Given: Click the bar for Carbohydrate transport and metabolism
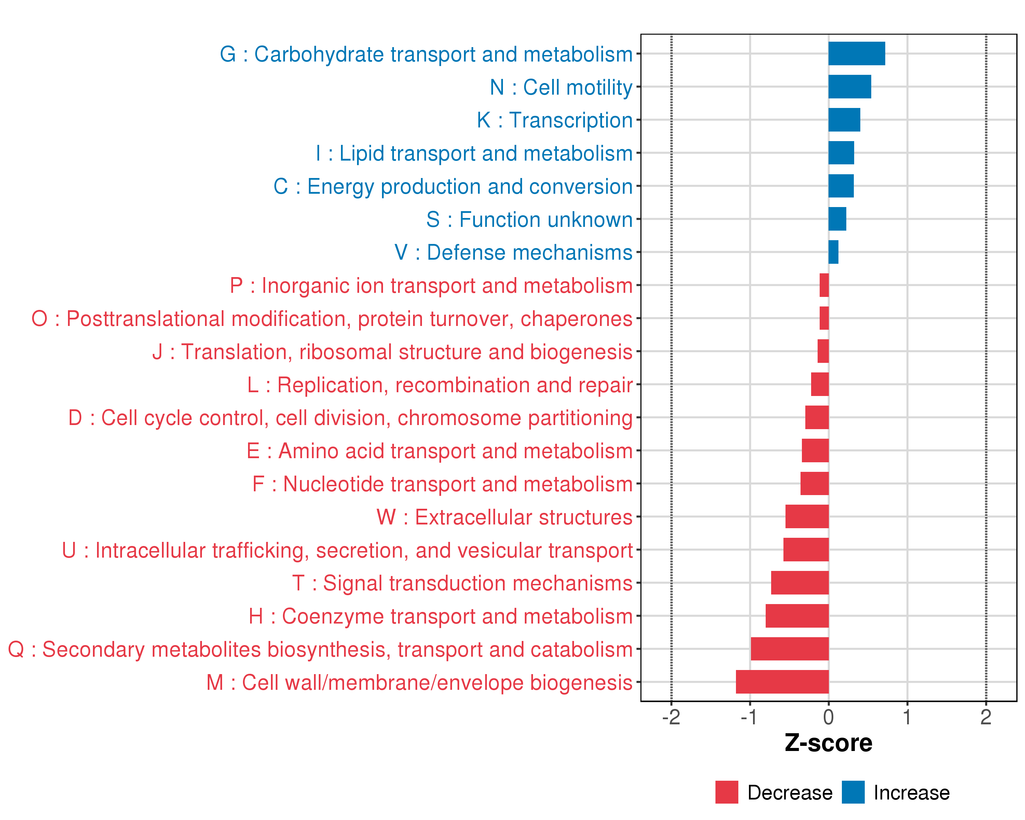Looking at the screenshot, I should pos(856,54).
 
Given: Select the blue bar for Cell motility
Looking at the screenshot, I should pos(850,86).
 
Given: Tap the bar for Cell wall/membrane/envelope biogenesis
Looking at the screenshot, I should pos(782,682).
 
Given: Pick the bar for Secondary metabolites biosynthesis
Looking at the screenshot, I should pos(790,649).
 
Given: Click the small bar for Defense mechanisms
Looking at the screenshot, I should pos(833,252).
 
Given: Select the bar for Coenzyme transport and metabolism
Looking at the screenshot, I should pos(797,616).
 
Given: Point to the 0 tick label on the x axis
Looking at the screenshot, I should pos(829,717).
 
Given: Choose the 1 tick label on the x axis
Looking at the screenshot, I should pos(907,717).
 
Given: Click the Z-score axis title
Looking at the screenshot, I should pos(828,743).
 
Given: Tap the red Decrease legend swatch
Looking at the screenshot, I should pos(726,792).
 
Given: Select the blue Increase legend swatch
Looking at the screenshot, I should pos(853,792).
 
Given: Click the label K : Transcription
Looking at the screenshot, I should pos(554,120).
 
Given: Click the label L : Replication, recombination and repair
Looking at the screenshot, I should pos(440,385).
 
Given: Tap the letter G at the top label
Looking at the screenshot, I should pos(228,55).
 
